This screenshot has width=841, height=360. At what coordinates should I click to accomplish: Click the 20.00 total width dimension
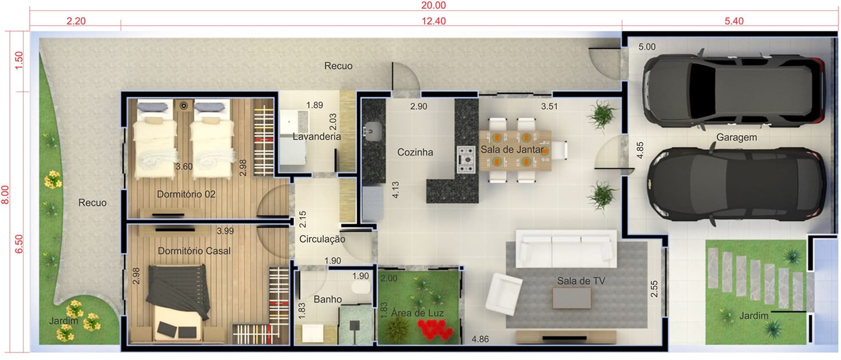(x=433, y=5)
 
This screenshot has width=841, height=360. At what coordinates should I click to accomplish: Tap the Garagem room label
(x=736, y=137)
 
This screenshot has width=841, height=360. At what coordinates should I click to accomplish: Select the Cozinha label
(x=415, y=152)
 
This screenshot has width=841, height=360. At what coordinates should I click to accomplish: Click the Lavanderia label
(x=316, y=136)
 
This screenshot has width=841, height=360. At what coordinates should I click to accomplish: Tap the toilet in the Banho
(x=360, y=288)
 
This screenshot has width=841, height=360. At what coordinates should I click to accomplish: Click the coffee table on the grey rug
(x=572, y=298)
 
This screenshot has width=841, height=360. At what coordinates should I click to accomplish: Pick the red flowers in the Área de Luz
(x=435, y=330)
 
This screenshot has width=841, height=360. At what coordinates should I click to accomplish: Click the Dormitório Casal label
(x=194, y=251)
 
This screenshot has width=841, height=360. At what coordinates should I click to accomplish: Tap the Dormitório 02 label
(x=187, y=194)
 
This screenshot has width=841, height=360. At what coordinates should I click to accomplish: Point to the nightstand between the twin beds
(x=184, y=106)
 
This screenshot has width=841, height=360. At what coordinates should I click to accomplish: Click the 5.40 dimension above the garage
(x=733, y=21)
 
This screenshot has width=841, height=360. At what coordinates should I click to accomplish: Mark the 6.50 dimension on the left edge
(x=18, y=244)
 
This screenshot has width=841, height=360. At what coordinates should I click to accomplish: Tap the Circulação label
(x=322, y=239)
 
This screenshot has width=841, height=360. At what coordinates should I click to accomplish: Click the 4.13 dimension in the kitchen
(x=395, y=190)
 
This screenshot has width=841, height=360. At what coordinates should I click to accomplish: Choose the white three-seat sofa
(x=566, y=248)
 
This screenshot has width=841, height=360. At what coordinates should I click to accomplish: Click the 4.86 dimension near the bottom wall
(x=480, y=339)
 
